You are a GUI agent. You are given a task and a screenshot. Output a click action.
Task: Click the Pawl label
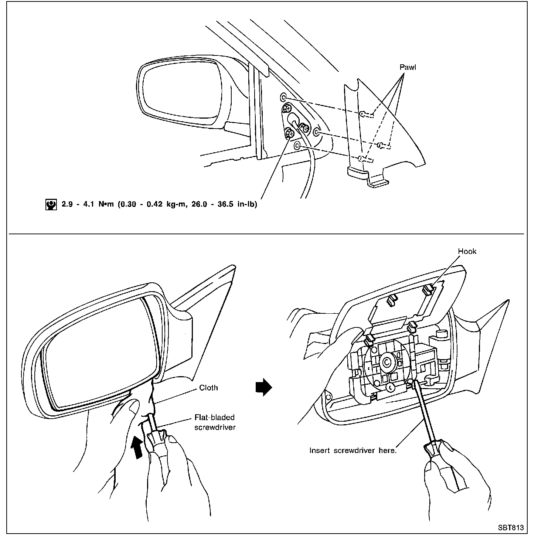(408, 67)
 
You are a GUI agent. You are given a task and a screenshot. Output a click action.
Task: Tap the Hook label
(467, 252)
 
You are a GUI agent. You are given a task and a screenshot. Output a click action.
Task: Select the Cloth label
(208, 388)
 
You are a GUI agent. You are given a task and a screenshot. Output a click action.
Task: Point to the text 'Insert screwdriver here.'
(353, 450)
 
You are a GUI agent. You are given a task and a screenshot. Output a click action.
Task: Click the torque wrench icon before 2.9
(51, 204)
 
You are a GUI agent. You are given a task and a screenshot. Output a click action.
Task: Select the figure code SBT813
(510, 528)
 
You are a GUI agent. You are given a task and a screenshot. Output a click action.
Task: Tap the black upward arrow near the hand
(137, 447)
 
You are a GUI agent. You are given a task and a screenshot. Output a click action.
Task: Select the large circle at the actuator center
(387, 363)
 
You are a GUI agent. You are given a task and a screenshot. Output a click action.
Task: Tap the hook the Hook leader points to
(429, 289)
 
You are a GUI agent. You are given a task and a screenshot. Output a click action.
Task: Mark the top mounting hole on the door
(283, 97)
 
